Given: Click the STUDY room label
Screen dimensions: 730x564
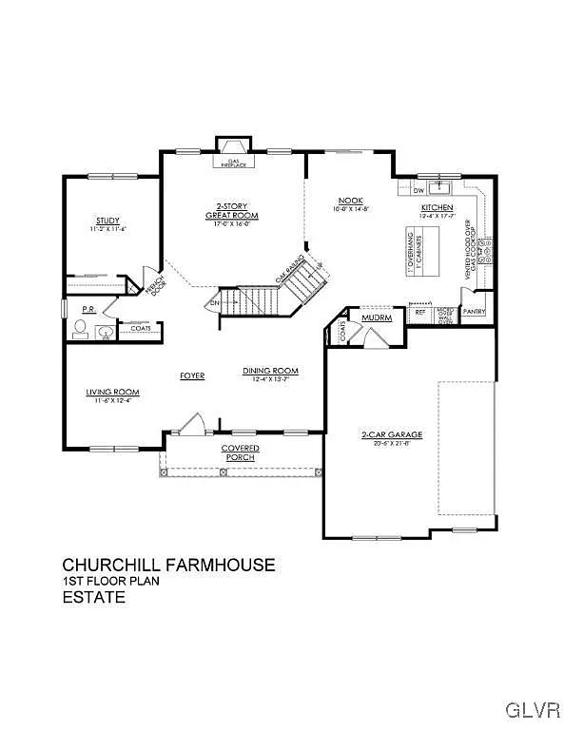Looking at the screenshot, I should point(107,220).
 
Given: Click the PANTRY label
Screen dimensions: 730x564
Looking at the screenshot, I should point(474,311).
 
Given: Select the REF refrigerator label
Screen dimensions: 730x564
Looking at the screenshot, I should point(419,311).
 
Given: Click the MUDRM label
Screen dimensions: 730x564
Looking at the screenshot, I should point(377,317).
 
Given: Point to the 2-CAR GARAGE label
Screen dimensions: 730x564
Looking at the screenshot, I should point(391,434).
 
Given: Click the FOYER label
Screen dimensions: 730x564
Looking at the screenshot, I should point(192,375).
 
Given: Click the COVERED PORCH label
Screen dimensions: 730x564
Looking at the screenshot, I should point(241,452).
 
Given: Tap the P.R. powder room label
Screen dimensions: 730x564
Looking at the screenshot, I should point(88,310).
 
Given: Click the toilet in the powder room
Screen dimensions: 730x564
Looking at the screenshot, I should point(81,329).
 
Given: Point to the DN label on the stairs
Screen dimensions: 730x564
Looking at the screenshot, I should point(214,304).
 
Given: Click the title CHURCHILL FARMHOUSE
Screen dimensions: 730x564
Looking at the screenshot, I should point(169,565).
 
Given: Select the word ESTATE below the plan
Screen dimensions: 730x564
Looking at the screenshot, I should point(94,598).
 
